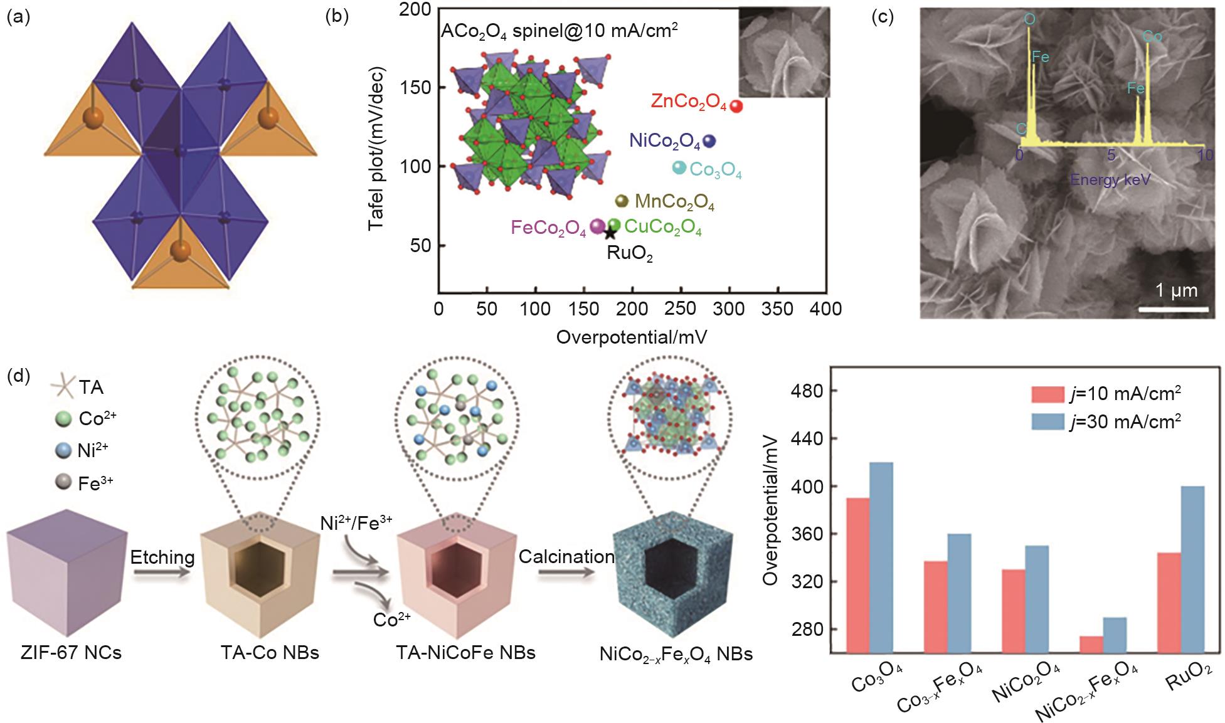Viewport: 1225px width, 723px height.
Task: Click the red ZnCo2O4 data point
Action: pyautogui.click(x=737, y=107)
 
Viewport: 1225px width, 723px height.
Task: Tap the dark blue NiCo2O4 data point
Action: pyautogui.click(x=709, y=142)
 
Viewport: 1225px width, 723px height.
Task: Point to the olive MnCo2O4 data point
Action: pyautogui.click(x=621, y=201)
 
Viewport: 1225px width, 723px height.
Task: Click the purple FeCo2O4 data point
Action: pyautogui.click(x=598, y=226)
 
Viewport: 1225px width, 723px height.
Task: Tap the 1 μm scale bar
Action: pyautogui.click(x=1173, y=309)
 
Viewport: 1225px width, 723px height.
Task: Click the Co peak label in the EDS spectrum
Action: pyautogui.click(x=1152, y=37)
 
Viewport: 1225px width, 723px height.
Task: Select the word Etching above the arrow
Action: pyautogui.click(x=162, y=557)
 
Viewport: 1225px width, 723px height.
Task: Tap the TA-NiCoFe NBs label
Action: pyautogui.click(x=466, y=653)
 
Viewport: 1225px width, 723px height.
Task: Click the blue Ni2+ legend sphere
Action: pyautogui.click(x=61, y=450)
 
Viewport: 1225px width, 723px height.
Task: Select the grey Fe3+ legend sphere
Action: pyautogui.click(x=61, y=482)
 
